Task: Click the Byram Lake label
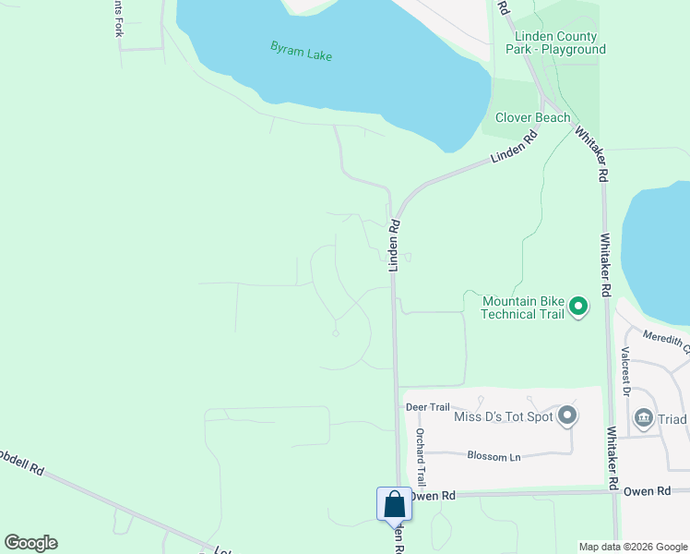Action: pos(301,51)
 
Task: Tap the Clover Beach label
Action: pos(532,117)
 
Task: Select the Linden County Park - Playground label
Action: pos(557,42)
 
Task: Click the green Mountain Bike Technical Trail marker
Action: pos(578,306)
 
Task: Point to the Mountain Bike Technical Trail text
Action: pos(522,307)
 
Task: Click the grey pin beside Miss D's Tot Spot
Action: pos(567,416)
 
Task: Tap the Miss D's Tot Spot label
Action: pos(503,417)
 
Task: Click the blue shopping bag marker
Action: pos(394,504)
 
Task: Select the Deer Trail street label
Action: pos(427,406)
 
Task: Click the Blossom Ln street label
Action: pos(494,456)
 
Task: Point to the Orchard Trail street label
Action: pos(421,458)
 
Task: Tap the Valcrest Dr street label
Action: pos(625,366)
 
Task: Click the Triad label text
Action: pos(672,419)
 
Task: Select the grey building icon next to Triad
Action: pos(644,419)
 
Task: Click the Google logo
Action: pos(30,543)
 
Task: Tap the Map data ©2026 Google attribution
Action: pos(633,547)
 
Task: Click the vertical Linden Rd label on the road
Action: pos(394,245)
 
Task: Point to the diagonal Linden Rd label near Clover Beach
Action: pos(514,149)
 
